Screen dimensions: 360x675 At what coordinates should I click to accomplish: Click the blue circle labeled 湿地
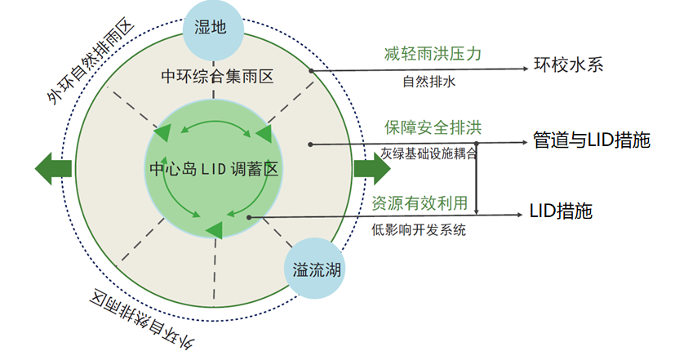[213, 28]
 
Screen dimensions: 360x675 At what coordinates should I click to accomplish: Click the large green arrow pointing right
[373, 169]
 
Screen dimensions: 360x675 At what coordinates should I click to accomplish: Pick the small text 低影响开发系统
[419, 230]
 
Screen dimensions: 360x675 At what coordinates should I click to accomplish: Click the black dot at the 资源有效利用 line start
[249, 217]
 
